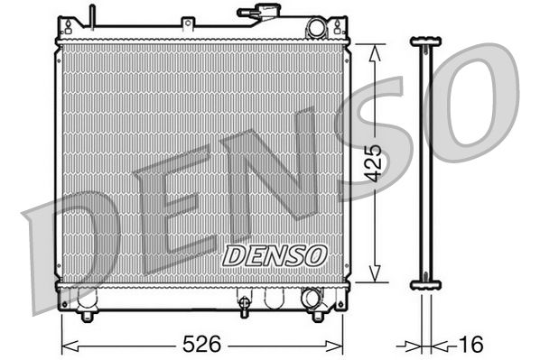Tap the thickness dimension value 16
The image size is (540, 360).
coord(471,344)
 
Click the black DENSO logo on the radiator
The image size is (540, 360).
coord(274,255)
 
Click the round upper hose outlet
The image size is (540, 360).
coord(315,28)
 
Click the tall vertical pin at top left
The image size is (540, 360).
coord(92,16)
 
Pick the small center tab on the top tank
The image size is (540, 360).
coord(187,21)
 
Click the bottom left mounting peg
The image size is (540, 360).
coord(87,315)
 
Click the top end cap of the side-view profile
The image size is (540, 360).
coord(426,42)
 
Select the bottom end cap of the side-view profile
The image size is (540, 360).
coord(426,285)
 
